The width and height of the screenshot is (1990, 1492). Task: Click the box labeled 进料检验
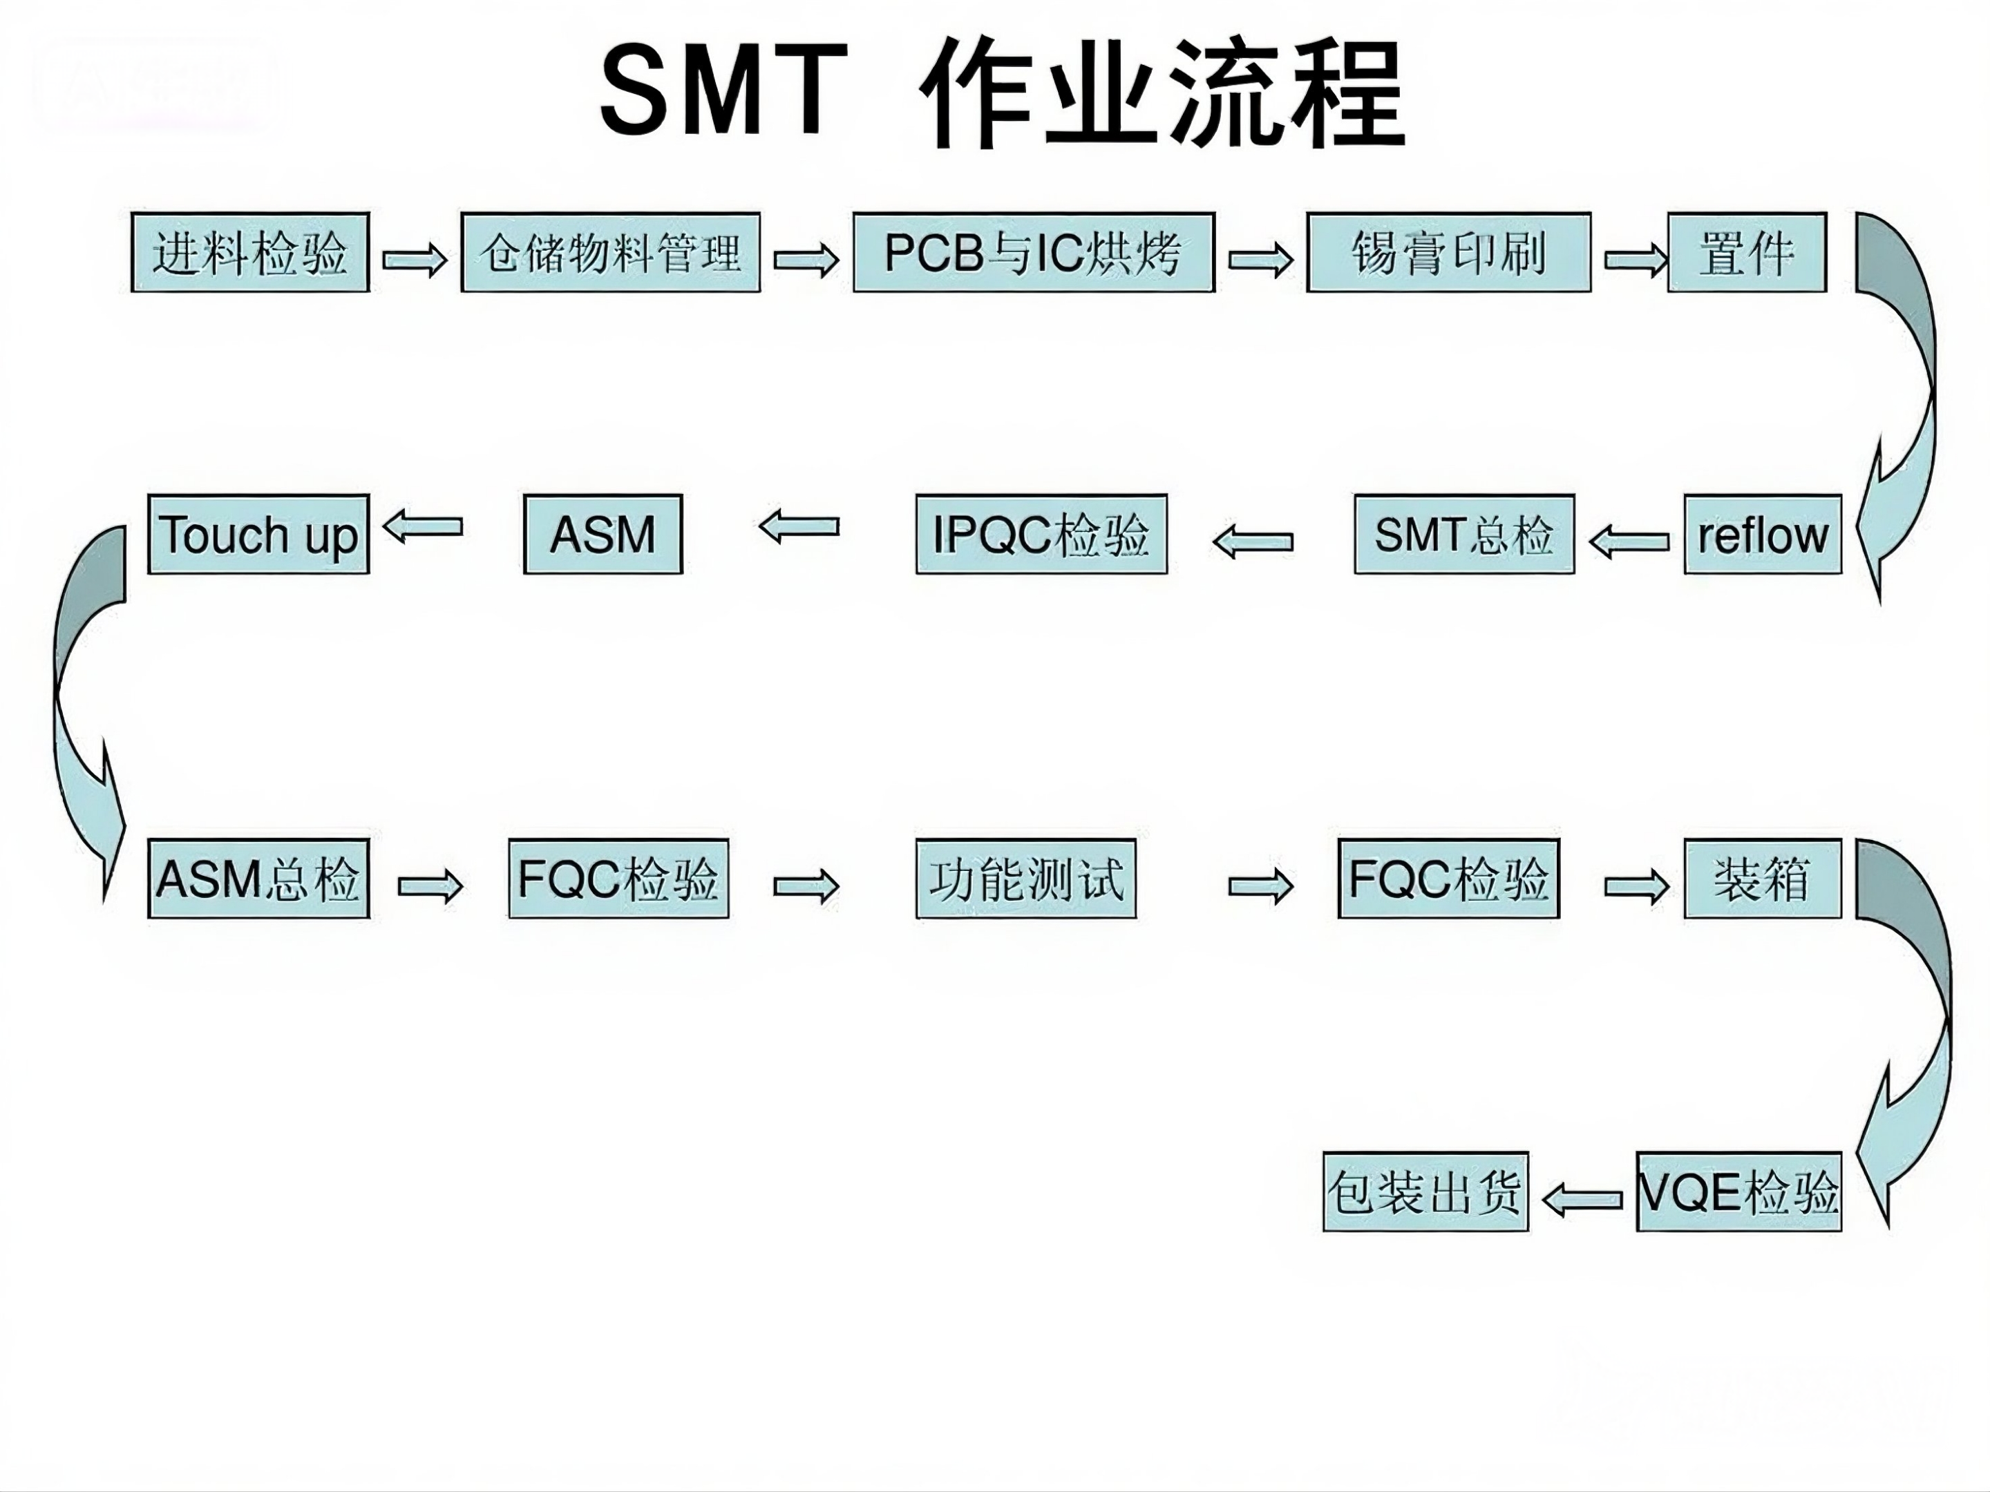(x=250, y=253)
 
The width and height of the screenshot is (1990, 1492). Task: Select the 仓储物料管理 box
(x=610, y=253)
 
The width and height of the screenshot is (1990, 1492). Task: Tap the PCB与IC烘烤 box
(x=1034, y=253)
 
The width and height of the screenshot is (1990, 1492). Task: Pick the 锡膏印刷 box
(x=1448, y=253)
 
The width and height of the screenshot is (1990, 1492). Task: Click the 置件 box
(x=1746, y=253)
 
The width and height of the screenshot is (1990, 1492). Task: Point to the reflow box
(x=1763, y=534)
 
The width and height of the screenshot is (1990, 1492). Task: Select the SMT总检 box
(x=1463, y=534)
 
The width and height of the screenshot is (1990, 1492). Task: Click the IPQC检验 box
(x=1041, y=534)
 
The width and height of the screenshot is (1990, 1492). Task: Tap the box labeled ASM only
(x=603, y=534)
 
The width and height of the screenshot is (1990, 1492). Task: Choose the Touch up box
(x=258, y=534)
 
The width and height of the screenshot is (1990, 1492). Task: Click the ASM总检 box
(x=258, y=879)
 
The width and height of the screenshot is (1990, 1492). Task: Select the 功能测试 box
(x=1025, y=879)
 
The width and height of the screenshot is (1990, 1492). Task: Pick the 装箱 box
(x=1763, y=879)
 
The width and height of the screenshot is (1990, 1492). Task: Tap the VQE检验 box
(x=1738, y=1192)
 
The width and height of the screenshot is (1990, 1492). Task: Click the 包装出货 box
(x=1425, y=1192)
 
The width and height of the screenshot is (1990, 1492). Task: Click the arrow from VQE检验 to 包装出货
(x=1582, y=1199)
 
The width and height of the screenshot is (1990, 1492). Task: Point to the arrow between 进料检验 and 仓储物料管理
(x=415, y=260)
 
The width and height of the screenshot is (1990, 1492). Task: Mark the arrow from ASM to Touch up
(x=423, y=526)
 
